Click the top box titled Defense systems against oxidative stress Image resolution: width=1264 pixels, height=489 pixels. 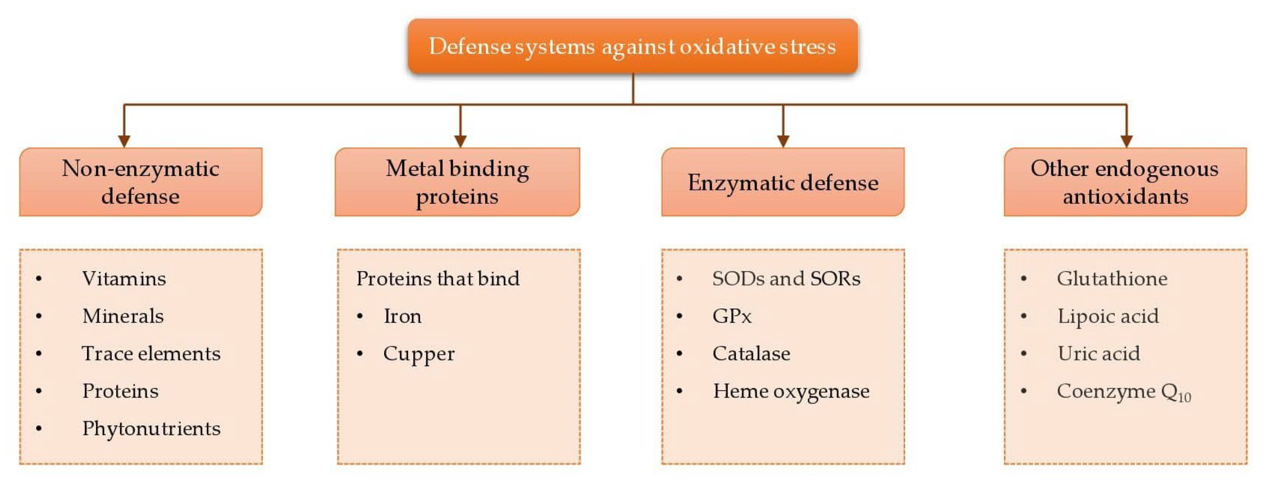pyautogui.click(x=633, y=46)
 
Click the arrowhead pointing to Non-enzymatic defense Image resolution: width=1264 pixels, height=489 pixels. pyautogui.click(x=124, y=141)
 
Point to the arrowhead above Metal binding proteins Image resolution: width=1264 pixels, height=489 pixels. pyautogui.click(x=460, y=141)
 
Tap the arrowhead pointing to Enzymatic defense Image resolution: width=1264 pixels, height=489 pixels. pyautogui.click(x=783, y=141)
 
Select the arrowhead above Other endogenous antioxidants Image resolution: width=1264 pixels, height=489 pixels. pyautogui.click(x=1127, y=141)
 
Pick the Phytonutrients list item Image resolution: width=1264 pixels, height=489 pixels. pyautogui.click(x=151, y=429)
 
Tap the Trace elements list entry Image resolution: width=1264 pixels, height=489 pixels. pyautogui.click(x=151, y=354)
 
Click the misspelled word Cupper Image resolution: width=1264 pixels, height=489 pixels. pyautogui.click(x=418, y=354)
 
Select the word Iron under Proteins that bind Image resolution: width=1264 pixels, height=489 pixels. pyautogui.click(x=402, y=316)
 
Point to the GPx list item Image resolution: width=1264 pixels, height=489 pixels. pyautogui.click(x=732, y=316)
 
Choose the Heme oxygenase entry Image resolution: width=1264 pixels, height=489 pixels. pyautogui.click(x=791, y=391)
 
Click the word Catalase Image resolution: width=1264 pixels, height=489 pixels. pyautogui.click(x=751, y=354)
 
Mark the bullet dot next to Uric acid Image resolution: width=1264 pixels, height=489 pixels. pyautogui.click(x=1024, y=354)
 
